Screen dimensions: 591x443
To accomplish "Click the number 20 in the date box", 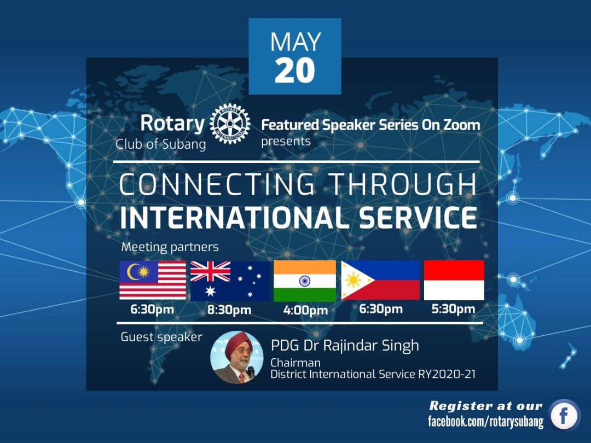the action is coord(295,71).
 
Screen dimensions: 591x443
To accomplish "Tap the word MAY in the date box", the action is coord(296,42).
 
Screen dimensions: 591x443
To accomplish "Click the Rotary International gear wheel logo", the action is coord(230,124).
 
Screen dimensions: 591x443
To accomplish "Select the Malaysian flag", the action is coord(153,280).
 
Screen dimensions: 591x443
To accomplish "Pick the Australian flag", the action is coord(230,281).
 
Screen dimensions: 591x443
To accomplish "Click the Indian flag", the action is coord(305,281).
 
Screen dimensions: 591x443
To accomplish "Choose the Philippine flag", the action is coord(380,280).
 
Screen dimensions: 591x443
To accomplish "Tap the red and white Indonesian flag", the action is coord(454,280).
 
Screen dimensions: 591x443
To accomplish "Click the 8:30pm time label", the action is coord(229,310).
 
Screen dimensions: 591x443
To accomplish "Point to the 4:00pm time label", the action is coord(306,311).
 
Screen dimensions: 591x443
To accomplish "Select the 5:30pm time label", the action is coord(454,309).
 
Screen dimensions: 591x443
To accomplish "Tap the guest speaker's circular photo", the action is coord(237,357).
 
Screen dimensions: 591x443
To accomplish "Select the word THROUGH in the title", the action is coord(403,184).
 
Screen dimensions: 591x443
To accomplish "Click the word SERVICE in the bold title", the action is coord(418,217).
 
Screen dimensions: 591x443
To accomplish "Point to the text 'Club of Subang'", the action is coord(160,144).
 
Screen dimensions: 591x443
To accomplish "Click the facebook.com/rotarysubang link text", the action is coord(486,421).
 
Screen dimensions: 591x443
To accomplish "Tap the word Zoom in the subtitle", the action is coord(461,125).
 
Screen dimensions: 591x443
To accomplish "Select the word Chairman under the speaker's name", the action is coord(296,363).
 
